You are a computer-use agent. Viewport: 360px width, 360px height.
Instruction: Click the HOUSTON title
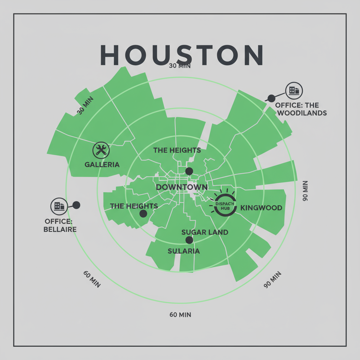click(x=181, y=55)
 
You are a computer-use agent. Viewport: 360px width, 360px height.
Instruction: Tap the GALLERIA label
click(x=102, y=165)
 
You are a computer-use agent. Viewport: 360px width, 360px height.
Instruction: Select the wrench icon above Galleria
click(x=101, y=150)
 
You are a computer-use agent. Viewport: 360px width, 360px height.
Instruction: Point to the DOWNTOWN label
click(x=181, y=187)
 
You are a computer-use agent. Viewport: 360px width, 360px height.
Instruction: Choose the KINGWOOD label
click(x=261, y=208)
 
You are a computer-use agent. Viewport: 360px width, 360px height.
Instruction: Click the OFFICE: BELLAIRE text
click(x=60, y=225)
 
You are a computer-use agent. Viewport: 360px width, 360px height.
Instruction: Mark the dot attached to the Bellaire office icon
click(x=76, y=205)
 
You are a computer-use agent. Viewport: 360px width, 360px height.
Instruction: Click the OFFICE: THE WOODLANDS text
click(x=301, y=109)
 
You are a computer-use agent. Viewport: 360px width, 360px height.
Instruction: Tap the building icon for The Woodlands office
click(x=294, y=91)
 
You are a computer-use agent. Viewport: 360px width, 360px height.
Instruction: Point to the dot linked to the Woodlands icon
click(x=271, y=98)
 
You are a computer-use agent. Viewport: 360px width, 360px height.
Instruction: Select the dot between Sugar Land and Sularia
click(x=189, y=240)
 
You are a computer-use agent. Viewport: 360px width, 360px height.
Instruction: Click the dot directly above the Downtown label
click(x=189, y=171)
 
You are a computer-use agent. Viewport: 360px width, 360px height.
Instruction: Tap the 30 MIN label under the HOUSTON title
click(x=179, y=66)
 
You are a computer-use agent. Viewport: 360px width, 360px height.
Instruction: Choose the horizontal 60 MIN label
click(x=180, y=315)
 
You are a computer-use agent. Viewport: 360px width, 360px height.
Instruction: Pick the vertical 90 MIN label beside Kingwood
click(x=305, y=191)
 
